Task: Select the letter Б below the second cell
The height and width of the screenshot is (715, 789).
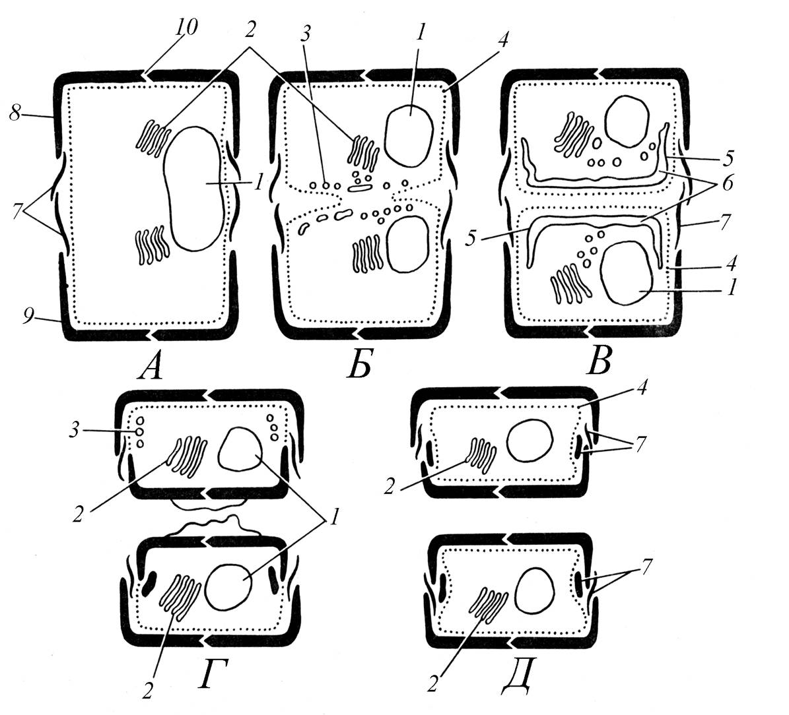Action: pyautogui.click(x=359, y=365)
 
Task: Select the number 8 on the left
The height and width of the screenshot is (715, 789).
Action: pyautogui.click(x=15, y=114)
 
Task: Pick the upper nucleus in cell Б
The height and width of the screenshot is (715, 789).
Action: pyautogui.click(x=409, y=136)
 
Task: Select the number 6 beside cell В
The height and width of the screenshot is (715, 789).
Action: pyautogui.click(x=727, y=183)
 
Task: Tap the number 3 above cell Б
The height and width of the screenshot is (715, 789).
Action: pyautogui.click(x=306, y=34)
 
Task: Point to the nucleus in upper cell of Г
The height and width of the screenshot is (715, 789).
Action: pyautogui.click(x=239, y=449)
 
